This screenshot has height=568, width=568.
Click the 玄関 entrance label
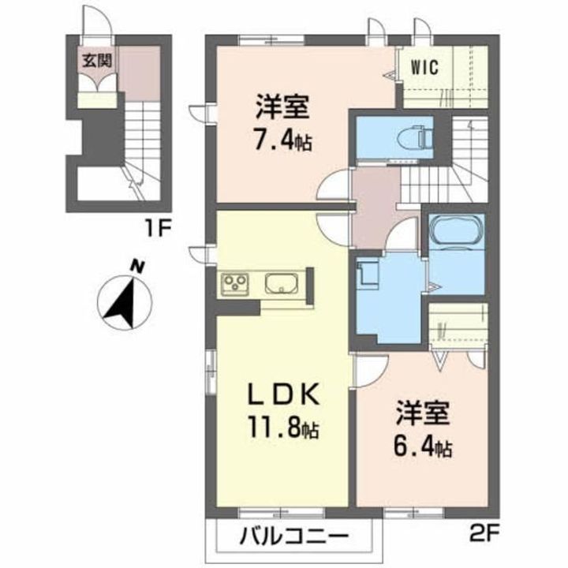(x=97, y=61)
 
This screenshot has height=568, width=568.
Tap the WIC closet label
(x=424, y=67)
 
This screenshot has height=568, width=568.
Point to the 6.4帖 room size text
(x=422, y=448)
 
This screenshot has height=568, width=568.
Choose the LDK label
(x=283, y=394)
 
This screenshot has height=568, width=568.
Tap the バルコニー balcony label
(x=294, y=536)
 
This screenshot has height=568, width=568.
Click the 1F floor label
(x=157, y=229)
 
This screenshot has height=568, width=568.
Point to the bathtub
(x=457, y=230)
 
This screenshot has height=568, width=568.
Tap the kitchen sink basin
(x=282, y=283)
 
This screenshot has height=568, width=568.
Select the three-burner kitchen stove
(x=235, y=283)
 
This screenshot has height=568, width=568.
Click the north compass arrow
(x=124, y=302)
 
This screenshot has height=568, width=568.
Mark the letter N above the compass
(x=137, y=267)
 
